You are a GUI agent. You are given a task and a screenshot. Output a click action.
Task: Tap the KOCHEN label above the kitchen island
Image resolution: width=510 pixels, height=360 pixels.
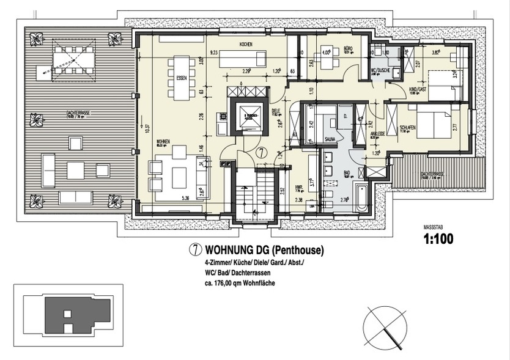pyautogui.click(x=246, y=45)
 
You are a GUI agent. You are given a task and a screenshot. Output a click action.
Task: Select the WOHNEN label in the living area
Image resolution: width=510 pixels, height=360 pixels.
pyautogui.click(x=162, y=142)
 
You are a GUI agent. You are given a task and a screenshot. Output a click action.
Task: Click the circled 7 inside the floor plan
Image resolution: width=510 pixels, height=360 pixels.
pyautogui.click(x=262, y=153)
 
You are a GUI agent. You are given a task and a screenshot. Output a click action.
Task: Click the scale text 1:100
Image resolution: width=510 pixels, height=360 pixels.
pyautogui.click(x=438, y=240)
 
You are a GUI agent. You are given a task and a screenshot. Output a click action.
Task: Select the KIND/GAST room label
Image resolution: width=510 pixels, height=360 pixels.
pyautogui.click(x=417, y=89)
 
